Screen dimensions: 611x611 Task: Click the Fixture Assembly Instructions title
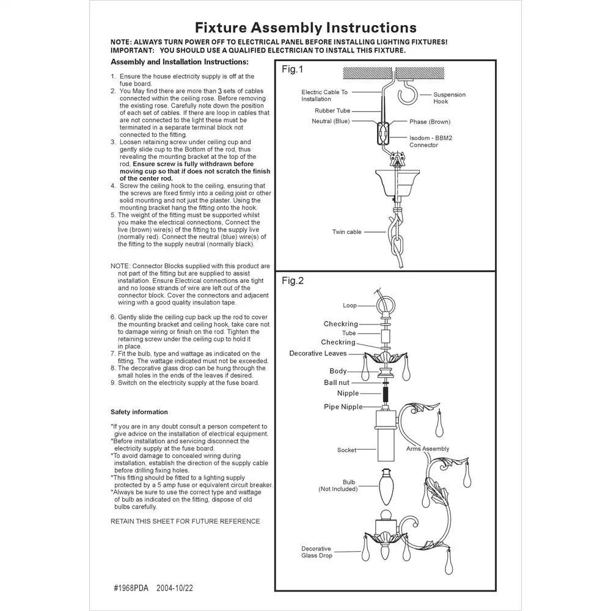coord(305,27)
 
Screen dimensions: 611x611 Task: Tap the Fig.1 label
coord(292,70)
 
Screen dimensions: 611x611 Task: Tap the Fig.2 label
coord(292,281)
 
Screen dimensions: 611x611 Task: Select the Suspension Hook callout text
coord(449,98)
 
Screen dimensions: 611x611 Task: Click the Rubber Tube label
coord(332,111)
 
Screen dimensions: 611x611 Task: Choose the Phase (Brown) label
coord(430,122)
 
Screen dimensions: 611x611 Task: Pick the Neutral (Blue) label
coord(330,122)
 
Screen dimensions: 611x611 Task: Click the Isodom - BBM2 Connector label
coord(431,142)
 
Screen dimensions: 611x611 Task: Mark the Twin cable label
coord(346,232)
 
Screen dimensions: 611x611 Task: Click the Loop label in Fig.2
coord(349,305)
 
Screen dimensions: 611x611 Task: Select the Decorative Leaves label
coord(318,354)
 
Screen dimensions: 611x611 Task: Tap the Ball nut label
coord(337,383)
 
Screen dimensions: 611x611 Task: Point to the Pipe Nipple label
coord(343,407)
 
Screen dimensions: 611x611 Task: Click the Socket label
coord(346,450)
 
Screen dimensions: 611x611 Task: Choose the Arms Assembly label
coord(427,449)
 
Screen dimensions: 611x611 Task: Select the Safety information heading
coord(139,412)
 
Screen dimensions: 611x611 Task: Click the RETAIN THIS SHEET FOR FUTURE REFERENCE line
coord(185,521)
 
